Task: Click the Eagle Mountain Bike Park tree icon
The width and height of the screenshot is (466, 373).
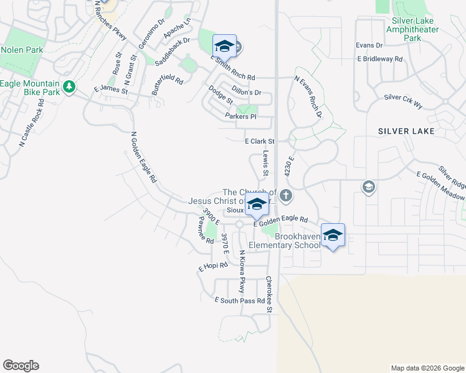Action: (x=69, y=86)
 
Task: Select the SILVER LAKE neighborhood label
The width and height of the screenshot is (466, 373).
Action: (x=406, y=131)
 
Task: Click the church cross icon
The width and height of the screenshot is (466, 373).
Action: (x=286, y=195)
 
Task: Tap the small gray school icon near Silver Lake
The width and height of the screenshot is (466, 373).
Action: (x=368, y=187)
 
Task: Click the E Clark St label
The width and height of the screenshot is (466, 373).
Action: (x=260, y=142)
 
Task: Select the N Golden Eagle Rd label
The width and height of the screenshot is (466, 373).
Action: (x=144, y=157)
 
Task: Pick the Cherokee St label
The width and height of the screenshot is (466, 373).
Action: (x=270, y=295)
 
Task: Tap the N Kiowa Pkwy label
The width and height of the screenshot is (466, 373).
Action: (x=242, y=272)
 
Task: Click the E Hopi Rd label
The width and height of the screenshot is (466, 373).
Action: (x=214, y=266)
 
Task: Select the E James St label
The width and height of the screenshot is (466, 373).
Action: (x=110, y=91)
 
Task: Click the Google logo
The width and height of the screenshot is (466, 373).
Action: (x=21, y=366)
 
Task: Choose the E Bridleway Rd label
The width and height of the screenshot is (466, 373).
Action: (x=379, y=59)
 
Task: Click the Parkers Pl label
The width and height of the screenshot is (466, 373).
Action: (x=240, y=117)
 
